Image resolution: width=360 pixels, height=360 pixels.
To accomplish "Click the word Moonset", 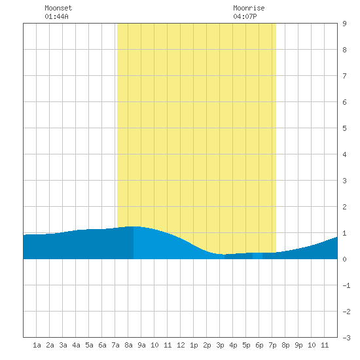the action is coord(58,8).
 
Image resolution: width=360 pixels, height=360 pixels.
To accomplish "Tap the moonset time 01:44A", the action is coord(56,16).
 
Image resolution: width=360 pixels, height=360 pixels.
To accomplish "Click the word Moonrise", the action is coord(249,8).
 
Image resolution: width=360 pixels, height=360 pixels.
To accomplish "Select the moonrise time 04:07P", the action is coord(245,16).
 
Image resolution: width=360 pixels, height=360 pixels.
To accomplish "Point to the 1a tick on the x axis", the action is coord(37,345).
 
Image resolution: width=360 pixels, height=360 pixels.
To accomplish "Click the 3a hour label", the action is coord(63,345).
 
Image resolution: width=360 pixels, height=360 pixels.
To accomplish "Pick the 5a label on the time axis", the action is coord(89,345).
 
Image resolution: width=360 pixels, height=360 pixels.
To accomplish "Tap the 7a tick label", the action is coord(115,345).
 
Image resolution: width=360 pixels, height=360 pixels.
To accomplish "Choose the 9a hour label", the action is coord(141,345).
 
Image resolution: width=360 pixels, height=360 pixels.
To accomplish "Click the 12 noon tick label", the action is coord(181,345).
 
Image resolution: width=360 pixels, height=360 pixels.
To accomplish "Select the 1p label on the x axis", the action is coord(194,345).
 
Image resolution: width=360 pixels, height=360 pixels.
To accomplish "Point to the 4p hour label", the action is coord(233,345).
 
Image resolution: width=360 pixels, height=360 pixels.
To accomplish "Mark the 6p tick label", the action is coord(259,345).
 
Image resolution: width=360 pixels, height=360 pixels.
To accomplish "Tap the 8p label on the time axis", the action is coord(285,345).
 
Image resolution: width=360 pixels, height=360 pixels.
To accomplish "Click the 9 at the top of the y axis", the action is coord(344,24).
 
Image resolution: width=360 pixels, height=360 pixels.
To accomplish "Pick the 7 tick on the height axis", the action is coord(344,76).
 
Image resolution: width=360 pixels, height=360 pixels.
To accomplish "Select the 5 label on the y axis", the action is coord(344,128).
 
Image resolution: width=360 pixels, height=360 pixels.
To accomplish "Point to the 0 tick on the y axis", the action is coord(344,259).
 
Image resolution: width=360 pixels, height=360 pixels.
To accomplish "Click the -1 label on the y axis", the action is coord(346,285).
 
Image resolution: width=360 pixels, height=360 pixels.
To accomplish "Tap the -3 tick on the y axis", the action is coord(346,338).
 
